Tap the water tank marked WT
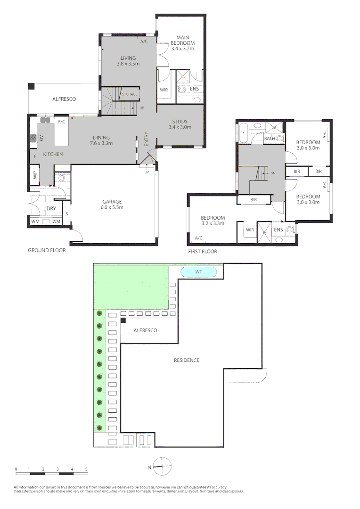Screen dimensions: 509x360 (x=199, y=272)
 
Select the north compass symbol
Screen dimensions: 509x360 (x=162, y=467)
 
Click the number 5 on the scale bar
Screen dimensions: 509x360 (x=86, y=469)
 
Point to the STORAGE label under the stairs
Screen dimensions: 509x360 (x=130, y=94)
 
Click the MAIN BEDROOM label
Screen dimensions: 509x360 (x=182, y=43)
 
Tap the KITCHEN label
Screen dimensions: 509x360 (x=53, y=154)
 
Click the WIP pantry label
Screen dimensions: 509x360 (x=35, y=175)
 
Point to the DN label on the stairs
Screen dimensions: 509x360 (x=273, y=173)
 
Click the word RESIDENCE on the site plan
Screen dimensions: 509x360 (x=187, y=360)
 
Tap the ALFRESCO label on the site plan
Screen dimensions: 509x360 (x=146, y=330)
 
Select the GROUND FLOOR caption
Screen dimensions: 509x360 (x=47, y=251)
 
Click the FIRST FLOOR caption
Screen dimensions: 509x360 (x=203, y=252)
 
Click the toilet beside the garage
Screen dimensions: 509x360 (x=61, y=178)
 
